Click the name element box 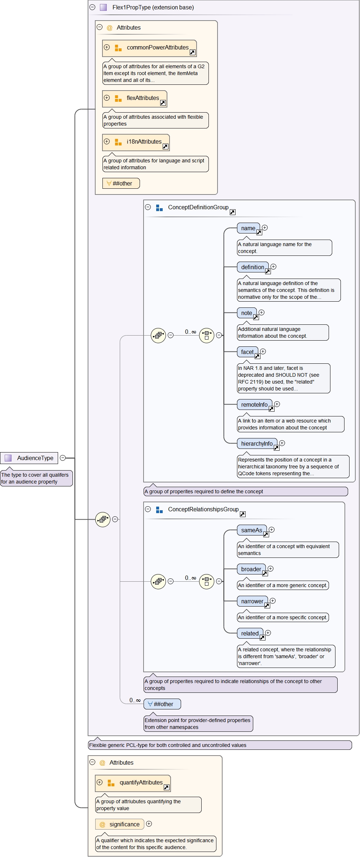point(248,228)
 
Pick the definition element point(253,267)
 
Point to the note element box point(247,313)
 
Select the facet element point(247,352)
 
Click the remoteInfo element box point(254,405)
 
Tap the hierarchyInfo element point(257,444)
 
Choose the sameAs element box point(252,530)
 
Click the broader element point(251,569)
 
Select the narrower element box point(252,602)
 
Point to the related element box point(250,634)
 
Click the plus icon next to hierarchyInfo point(282,443)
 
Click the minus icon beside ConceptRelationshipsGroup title point(148,509)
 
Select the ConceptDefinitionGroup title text point(198,207)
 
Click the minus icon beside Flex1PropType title point(92,7)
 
